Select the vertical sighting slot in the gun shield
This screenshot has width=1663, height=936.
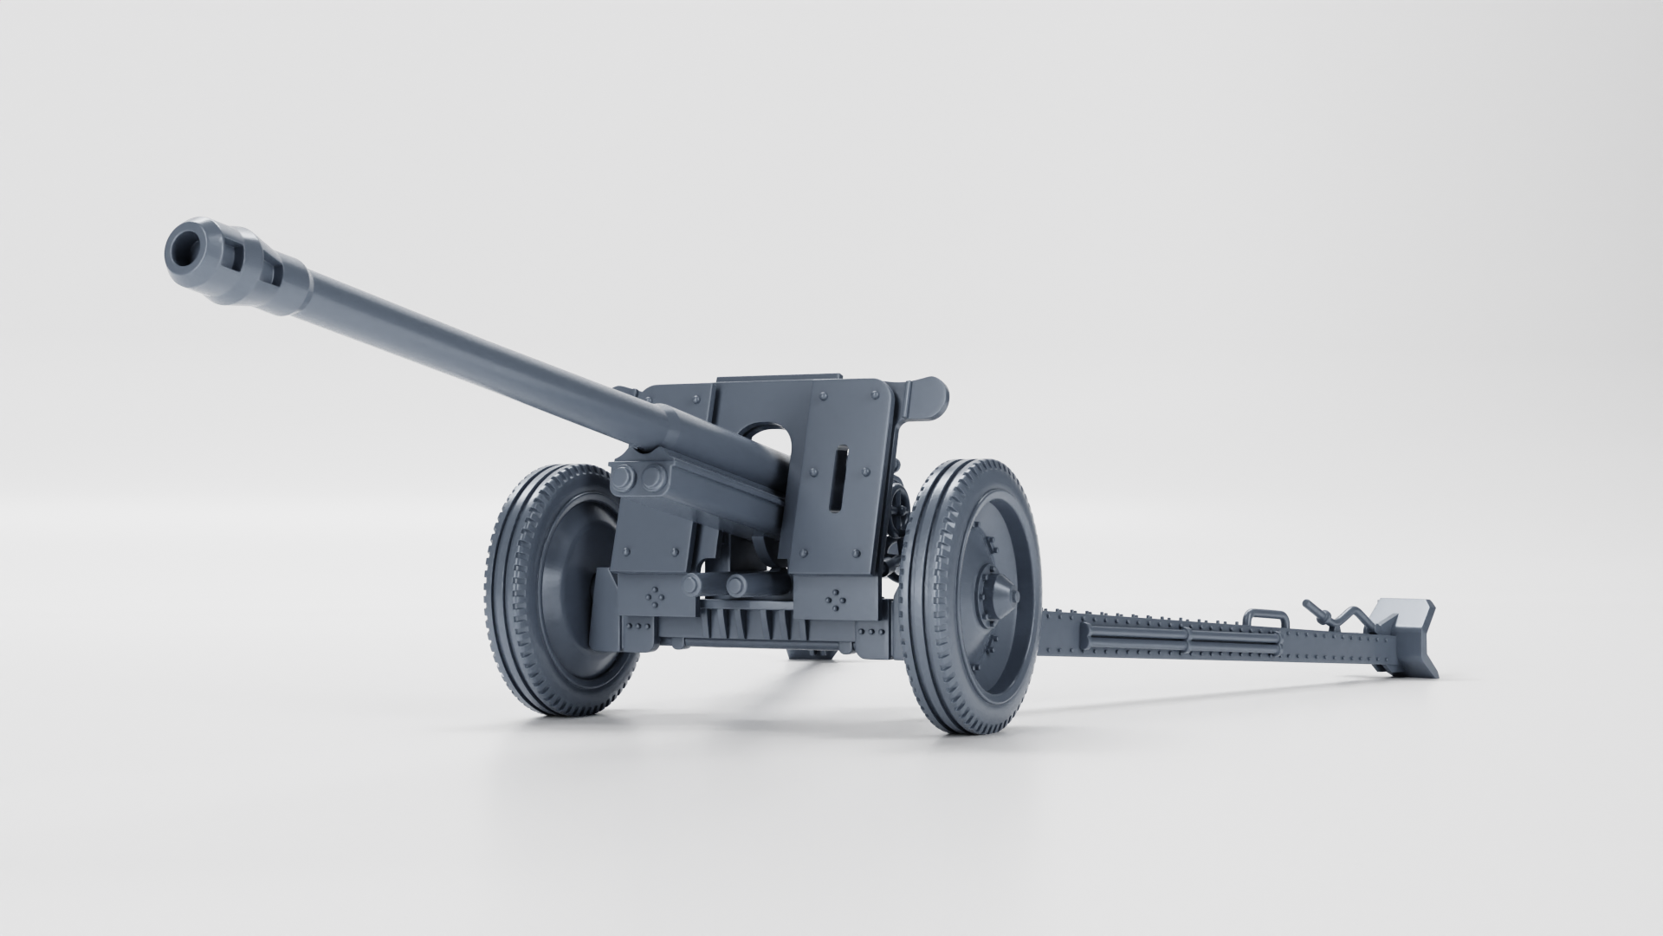[838, 479]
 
